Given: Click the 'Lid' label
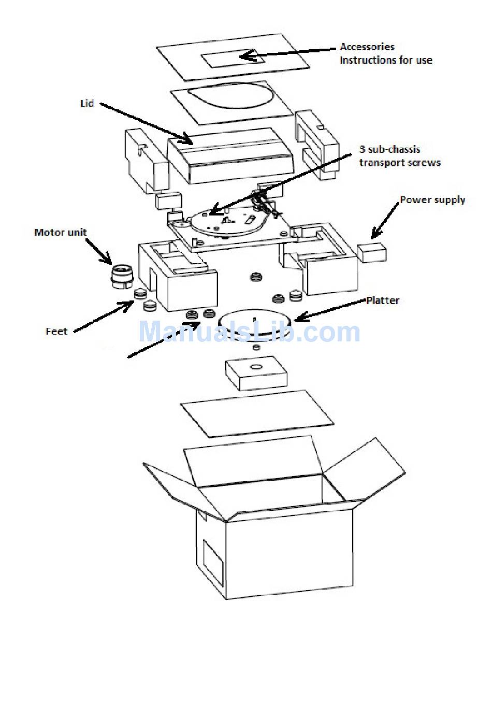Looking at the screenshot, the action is [x=87, y=104].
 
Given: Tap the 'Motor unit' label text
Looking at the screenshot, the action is [x=61, y=232].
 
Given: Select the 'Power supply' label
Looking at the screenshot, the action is [x=432, y=200].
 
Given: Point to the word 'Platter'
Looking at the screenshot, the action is [x=383, y=300].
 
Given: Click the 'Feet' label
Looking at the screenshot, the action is [x=56, y=332].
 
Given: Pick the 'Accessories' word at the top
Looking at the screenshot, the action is [x=367, y=47].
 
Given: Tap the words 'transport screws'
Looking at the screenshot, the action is [x=400, y=163].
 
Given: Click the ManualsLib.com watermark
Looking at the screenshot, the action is [x=249, y=332].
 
